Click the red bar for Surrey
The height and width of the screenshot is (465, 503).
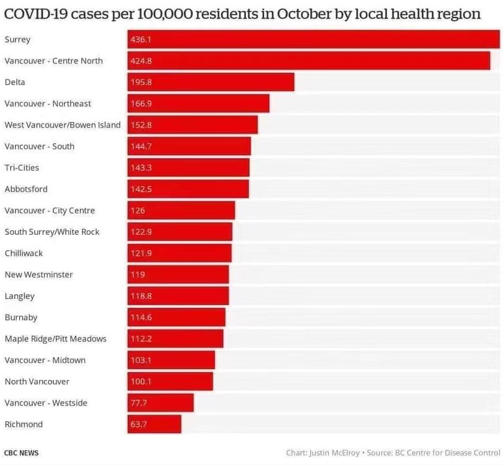313,39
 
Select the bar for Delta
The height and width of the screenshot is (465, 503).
210,82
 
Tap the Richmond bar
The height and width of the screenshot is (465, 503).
154,424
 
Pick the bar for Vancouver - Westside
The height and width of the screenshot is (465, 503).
160,403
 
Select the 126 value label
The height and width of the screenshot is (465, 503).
138,210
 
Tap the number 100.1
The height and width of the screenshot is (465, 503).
141,382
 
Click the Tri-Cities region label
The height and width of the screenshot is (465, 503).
22,168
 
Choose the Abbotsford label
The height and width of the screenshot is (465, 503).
26,189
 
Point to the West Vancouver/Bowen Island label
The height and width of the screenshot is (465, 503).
62,125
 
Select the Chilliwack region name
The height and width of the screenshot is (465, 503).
24,253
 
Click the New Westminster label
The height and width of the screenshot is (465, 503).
39,274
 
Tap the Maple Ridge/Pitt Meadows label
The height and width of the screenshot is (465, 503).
56,339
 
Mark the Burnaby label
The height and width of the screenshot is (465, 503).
21,318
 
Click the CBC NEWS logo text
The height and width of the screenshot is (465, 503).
22,453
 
